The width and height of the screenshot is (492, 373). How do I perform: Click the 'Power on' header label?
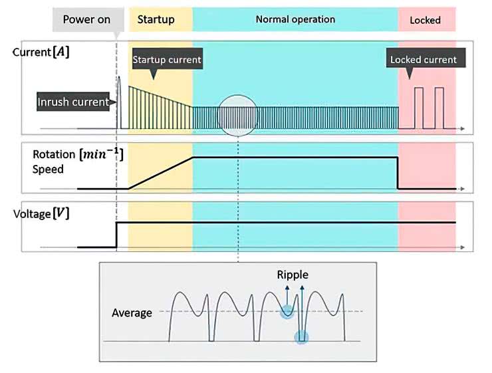[86, 19]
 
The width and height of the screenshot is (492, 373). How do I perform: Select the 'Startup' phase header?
[156, 19]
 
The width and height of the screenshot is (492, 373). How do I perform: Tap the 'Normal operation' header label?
[295, 19]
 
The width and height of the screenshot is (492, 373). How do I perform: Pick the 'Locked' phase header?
[425, 20]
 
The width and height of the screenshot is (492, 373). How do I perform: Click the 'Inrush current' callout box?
[72, 102]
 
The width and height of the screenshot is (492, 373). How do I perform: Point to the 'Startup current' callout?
[166, 60]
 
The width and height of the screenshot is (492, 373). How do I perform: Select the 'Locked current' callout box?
[423, 60]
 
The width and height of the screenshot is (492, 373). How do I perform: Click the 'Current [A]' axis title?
[41, 53]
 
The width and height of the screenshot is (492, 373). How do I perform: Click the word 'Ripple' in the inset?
[293, 275]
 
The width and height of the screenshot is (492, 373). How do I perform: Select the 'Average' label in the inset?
[132, 312]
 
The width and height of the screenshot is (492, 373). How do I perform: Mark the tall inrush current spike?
[120, 100]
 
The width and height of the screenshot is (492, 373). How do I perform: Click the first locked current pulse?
[419, 106]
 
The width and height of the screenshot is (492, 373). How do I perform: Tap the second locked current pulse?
[439, 106]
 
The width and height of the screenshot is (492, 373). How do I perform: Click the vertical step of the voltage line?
[117, 235]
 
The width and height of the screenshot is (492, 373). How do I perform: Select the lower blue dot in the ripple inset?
[302, 338]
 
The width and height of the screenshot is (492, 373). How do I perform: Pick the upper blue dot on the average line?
[287, 311]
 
